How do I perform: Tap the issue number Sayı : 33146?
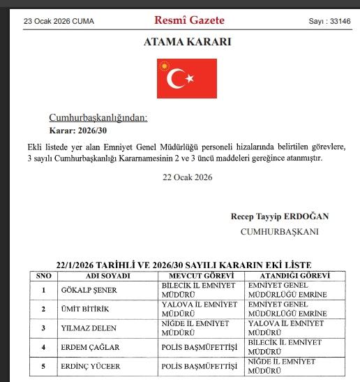click(329, 21)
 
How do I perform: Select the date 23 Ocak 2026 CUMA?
click(59, 21)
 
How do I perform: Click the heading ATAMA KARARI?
click(187, 42)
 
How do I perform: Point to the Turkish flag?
click(187, 78)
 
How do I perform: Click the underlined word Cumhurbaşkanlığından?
click(98, 117)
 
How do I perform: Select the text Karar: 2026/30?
click(77, 131)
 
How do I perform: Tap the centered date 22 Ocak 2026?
click(187, 177)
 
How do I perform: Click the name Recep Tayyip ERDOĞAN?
click(279, 216)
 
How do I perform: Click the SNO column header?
click(44, 276)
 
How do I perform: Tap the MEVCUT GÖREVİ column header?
click(202, 276)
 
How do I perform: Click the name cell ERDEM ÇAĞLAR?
click(89, 346)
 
